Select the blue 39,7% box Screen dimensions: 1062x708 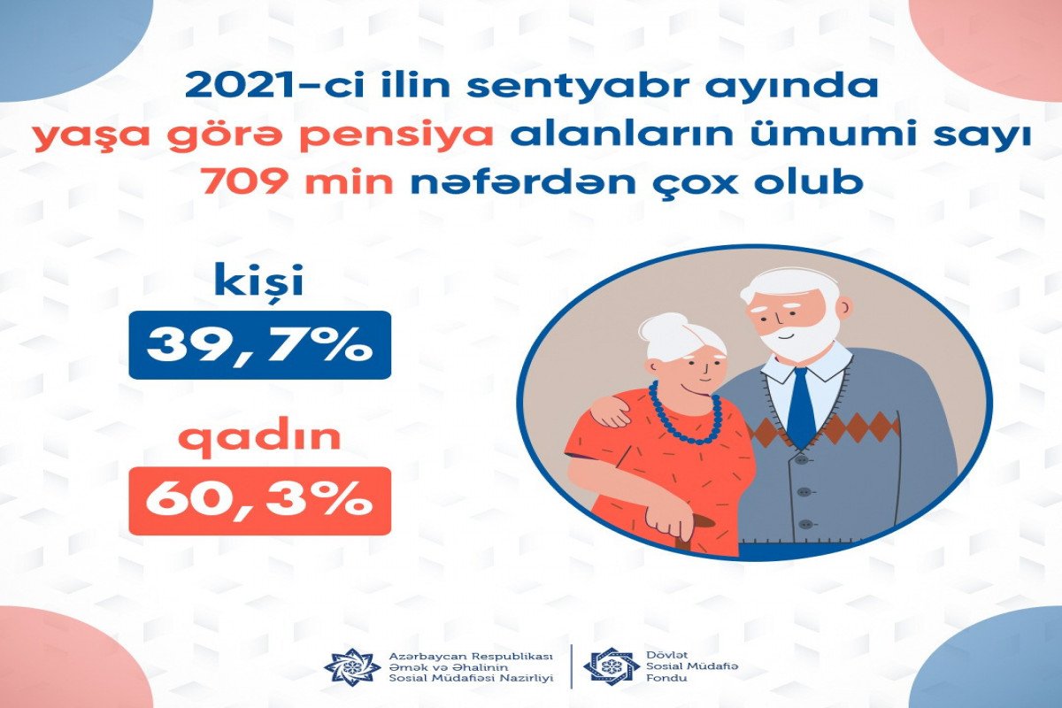point(260,345)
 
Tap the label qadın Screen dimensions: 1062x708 point(260,438)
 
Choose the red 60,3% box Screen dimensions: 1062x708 point(260,501)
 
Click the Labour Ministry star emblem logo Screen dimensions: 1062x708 point(353,666)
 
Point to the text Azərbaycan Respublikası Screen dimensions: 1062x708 point(471,657)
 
